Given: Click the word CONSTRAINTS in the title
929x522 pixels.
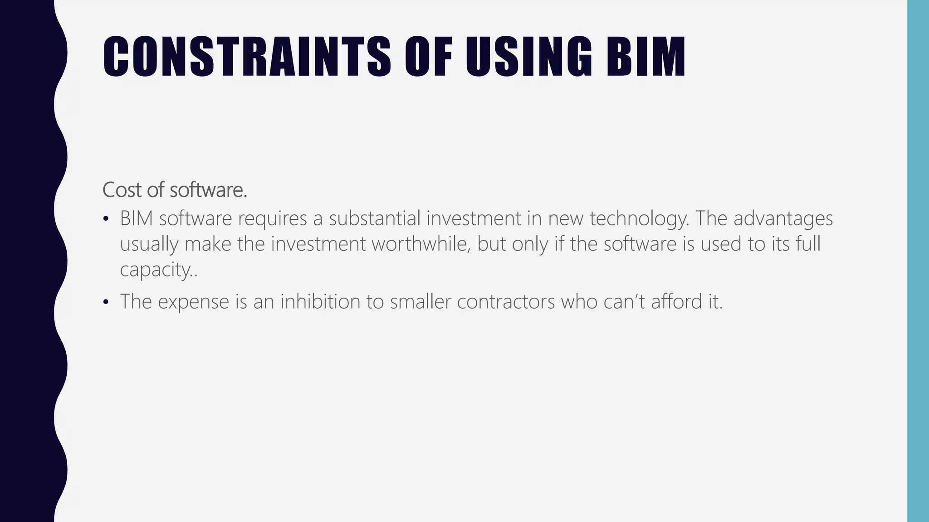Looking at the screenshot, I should pyautogui.click(x=247, y=57).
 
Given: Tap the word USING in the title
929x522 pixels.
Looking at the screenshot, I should pyautogui.click(x=529, y=57).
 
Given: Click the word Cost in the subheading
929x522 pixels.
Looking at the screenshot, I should pyautogui.click(x=122, y=189).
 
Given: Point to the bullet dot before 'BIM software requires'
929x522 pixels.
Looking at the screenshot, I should pyautogui.click(x=106, y=220).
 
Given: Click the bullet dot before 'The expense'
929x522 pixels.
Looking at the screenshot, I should pyautogui.click(x=106, y=302).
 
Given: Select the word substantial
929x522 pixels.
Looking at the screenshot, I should pyautogui.click(x=375, y=218).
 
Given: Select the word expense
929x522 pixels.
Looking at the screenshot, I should pyautogui.click(x=194, y=302).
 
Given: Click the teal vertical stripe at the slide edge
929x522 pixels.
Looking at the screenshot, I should pyautogui.click(x=918, y=261).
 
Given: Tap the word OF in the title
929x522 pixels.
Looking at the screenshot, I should pyautogui.click(x=429, y=57).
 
